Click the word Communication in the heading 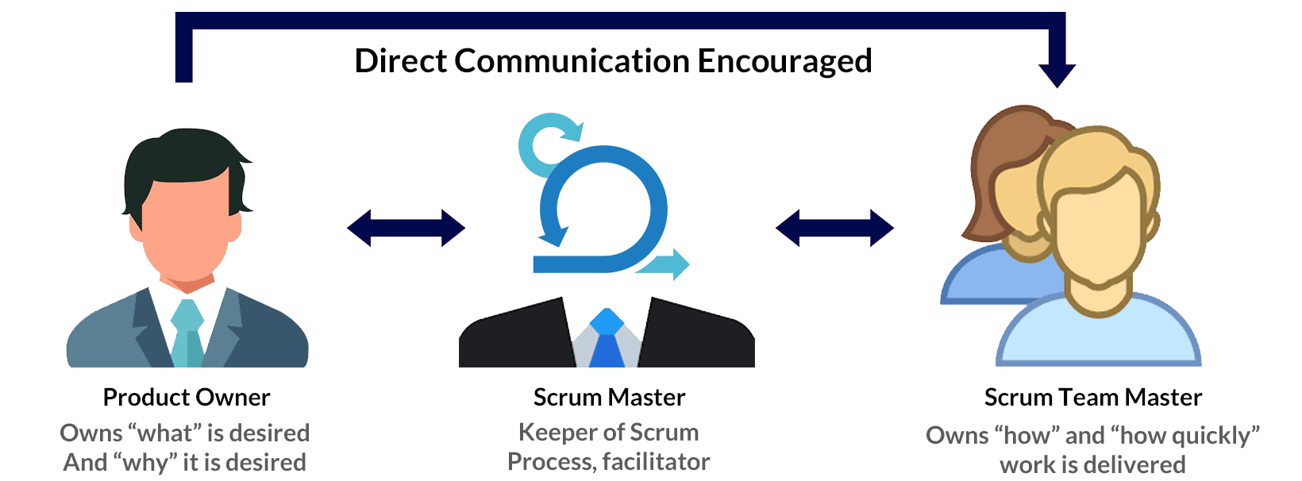[x=572, y=62]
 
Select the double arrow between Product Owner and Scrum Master [x=406, y=229]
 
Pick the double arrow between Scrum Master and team [x=834, y=229]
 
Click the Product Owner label [x=187, y=397]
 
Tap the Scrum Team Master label [x=1092, y=397]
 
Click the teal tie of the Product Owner [x=187, y=333]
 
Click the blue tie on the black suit [x=607, y=341]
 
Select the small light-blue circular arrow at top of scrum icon [x=544, y=143]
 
